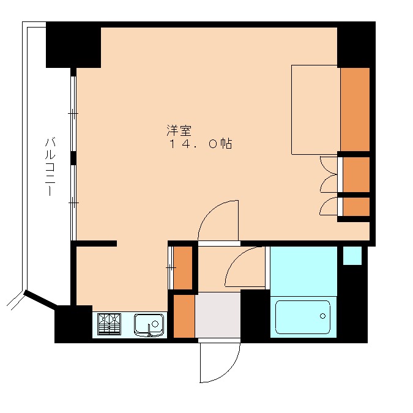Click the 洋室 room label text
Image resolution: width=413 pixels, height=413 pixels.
(x=179, y=131)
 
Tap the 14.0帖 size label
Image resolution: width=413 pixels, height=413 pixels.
(x=200, y=144)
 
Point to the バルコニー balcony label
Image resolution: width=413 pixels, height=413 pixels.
(x=50, y=166)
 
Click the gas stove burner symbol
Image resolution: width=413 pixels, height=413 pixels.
(x=109, y=324)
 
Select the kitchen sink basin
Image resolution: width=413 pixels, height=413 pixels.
(x=149, y=325)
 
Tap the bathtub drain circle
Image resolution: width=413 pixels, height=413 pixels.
(x=322, y=316)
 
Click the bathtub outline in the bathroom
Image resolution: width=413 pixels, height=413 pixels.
(x=303, y=301)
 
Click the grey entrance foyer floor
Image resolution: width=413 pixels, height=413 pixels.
(x=218, y=314)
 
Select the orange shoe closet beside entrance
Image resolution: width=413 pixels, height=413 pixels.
(x=184, y=316)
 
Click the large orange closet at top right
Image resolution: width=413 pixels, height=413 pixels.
(x=355, y=110)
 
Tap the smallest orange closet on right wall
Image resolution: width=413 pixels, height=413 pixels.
(x=356, y=206)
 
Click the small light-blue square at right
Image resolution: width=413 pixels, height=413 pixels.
(x=352, y=256)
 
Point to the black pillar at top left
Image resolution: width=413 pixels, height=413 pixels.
(x=73, y=45)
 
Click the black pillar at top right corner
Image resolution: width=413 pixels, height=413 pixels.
(x=356, y=45)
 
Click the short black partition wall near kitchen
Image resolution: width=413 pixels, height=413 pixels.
(x=97, y=244)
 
